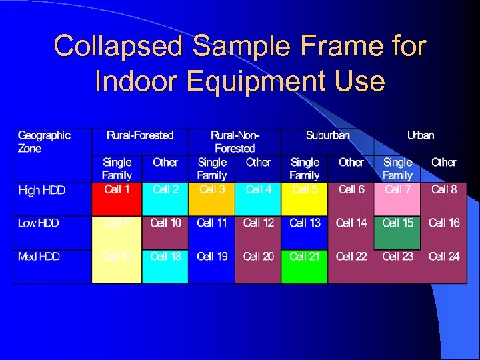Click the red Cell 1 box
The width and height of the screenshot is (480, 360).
tap(117, 197)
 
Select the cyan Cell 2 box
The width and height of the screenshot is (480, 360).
tap(165, 197)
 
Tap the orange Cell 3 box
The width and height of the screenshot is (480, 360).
tap(212, 197)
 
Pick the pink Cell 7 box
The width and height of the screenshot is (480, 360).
tap(398, 197)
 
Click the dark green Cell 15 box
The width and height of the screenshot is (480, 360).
tap(398, 231)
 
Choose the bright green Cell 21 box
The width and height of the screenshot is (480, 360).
tap(305, 265)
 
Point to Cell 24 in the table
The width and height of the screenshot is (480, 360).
tap(444, 256)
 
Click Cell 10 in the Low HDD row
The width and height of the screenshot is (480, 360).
tap(165, 223)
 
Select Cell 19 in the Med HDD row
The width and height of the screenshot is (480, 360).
tap(213, 256)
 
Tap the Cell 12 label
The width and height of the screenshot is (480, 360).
tap(259, 223)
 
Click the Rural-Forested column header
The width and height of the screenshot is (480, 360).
tap(140, 135)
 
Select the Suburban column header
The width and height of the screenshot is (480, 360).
tap(327, 135)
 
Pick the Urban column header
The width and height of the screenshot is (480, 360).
tap(421, 135)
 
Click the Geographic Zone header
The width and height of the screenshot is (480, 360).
tap(44, 141)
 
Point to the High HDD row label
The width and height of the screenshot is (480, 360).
tap(42, 190)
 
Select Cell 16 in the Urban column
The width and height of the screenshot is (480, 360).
tap(444, 223)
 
